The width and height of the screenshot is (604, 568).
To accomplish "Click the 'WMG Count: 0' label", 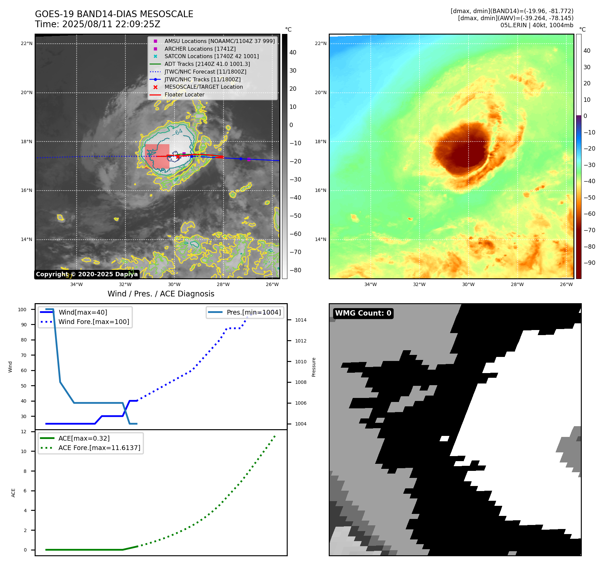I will [363, 313].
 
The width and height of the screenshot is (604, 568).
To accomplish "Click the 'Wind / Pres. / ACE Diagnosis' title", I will [161, 294].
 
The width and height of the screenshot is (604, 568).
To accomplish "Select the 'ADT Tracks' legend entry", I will [207, 64].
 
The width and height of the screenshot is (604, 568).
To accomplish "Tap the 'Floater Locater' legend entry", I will [184, 95].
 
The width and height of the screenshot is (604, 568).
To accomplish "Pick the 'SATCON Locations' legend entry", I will [211, 56].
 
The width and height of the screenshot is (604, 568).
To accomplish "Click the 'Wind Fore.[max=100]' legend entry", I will [94, 322].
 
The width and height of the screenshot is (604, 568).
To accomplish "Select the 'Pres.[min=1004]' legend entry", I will [253, 312].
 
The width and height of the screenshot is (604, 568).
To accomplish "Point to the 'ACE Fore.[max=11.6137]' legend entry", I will [99, 448].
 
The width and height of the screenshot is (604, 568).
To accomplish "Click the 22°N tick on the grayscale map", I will [27, 43].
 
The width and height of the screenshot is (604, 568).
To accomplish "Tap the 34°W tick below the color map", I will [370, 284].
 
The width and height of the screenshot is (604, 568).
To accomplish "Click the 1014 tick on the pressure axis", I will [301, 320].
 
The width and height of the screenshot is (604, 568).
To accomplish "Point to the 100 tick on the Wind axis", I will [22, 310].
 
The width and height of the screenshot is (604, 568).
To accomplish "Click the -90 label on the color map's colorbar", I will [589, 263].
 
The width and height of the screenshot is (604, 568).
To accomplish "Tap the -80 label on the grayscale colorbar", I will [295, 270].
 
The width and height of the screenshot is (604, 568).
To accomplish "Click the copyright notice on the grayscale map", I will [87, 274].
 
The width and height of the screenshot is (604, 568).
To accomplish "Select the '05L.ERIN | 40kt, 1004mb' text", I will [536, 25].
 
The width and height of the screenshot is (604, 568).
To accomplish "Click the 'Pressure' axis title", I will [314, 367].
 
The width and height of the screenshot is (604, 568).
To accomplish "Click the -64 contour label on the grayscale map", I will [177, 132].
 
